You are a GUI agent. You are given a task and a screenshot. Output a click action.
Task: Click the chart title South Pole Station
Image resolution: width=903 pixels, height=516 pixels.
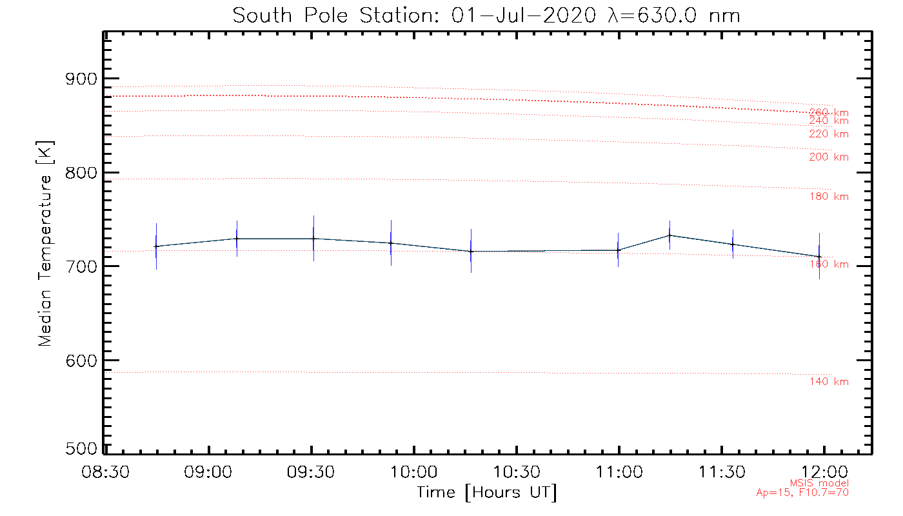486,15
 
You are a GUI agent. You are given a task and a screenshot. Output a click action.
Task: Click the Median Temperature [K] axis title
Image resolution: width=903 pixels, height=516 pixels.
45,244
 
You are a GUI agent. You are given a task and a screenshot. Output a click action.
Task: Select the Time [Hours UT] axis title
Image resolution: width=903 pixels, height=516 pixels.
486,493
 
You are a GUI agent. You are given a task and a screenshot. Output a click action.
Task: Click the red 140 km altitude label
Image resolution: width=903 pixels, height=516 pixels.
829,382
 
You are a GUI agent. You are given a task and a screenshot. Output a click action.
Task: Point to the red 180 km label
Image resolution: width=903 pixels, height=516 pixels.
829,197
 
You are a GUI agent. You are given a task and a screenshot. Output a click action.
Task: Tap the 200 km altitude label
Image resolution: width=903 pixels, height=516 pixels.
829,157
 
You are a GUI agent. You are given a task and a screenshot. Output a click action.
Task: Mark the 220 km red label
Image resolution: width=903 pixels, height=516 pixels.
829,134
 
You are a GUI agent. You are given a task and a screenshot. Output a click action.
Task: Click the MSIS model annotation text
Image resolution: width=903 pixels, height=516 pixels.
819,483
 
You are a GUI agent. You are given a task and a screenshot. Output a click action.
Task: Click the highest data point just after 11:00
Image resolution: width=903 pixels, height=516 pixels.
670,235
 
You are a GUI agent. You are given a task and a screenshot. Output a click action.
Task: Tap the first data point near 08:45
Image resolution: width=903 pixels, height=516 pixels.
156,246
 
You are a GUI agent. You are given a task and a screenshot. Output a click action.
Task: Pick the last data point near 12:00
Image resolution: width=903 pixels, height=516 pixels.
819,256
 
